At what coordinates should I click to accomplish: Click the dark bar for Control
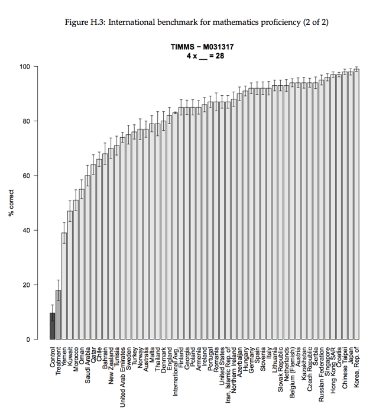click(x=52, y=326)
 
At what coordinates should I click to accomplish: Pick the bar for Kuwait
click(x=70, y=276)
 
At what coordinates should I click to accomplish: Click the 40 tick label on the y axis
click(x=25, y=231)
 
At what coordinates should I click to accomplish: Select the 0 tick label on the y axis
click(x=27, y=339)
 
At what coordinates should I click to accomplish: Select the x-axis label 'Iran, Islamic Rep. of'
click(x=228, y=376)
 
